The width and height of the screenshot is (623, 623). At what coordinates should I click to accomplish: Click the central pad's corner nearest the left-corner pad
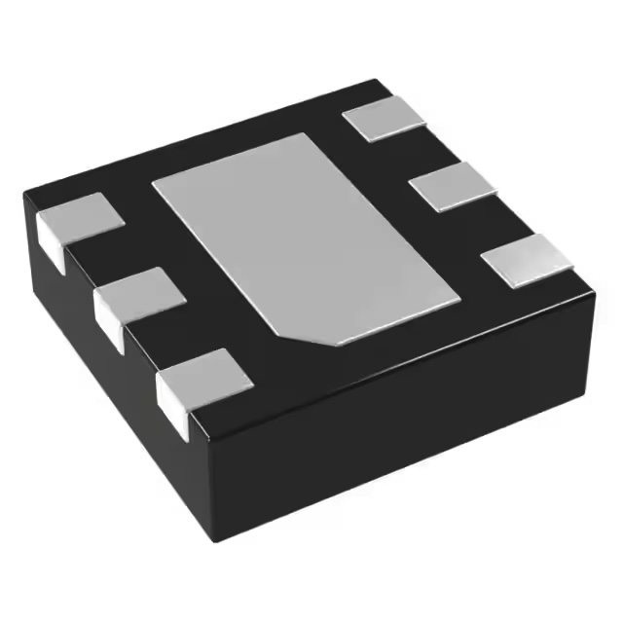click(153, 182)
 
